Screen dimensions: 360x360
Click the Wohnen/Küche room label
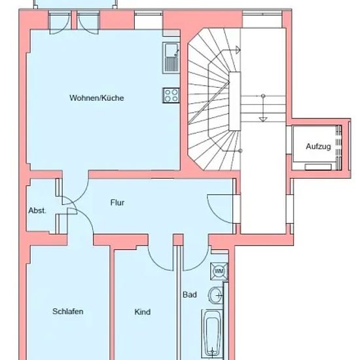(x=97, y=98)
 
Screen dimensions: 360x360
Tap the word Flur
(x=117, y=202)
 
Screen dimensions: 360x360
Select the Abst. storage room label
(x=37, y=211)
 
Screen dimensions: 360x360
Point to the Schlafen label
(x=67, y=312)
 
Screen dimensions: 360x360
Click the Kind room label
(x=142, y=312)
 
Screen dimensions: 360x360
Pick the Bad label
(x=190, y=295)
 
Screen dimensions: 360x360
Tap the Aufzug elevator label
(x=318, y=147)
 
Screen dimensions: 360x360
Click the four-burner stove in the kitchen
(x=171, y=96)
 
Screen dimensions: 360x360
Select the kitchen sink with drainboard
(x=171, y=58)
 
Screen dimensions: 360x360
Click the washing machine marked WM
(x=219, y=272)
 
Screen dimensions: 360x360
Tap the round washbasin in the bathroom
(x=216, y=295)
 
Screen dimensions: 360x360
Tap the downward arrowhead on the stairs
(x=263, y=119)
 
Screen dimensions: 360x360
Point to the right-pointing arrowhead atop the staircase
(x=238, y=50)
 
